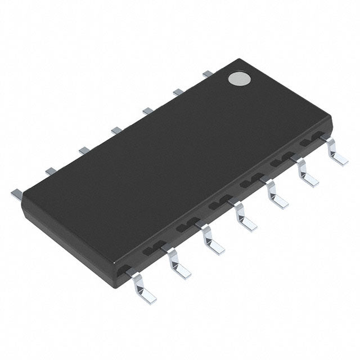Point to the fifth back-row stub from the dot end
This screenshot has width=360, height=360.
pos(84,150)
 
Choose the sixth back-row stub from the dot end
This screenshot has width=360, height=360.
pos(51,170)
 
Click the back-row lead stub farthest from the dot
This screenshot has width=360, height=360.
pos(16,192)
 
